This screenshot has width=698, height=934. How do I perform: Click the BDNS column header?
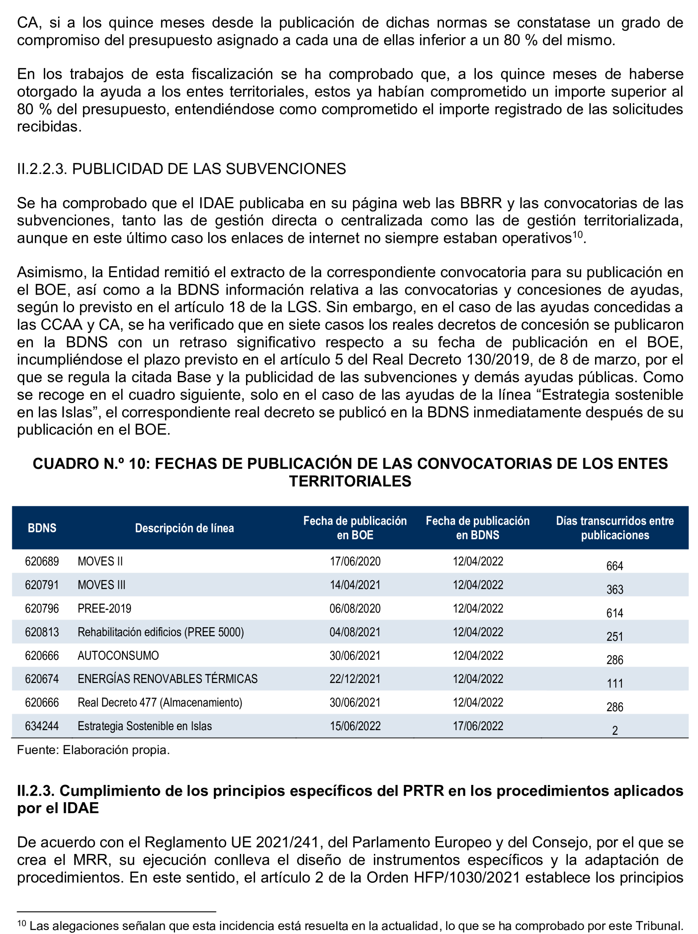(42, 528)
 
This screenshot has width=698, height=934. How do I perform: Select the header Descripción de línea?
(184, 528)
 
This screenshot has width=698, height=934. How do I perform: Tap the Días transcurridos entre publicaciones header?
(615, 528)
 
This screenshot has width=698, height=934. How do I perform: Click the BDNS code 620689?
(42, 561)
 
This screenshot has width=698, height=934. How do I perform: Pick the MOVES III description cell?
(101, 585)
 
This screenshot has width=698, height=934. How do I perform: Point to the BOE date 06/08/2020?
(355, 608)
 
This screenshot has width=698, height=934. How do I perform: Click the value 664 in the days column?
(615, 566)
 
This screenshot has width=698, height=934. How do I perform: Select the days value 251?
(615, 636)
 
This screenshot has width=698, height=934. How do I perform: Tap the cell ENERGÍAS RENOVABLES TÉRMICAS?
(167, 679)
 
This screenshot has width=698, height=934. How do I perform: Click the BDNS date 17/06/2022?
(478, 726)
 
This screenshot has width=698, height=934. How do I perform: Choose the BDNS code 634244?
(42, 726)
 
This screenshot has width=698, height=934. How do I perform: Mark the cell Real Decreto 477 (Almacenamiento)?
(160, 702)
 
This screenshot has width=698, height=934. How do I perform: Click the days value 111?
(615, 683)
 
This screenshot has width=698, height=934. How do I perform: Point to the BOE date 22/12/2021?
(355, 679)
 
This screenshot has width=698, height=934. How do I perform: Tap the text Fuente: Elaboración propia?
(93, 750)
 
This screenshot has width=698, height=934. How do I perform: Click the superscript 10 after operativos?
(577, 235)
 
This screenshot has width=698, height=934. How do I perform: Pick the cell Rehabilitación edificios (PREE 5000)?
(161, 632)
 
